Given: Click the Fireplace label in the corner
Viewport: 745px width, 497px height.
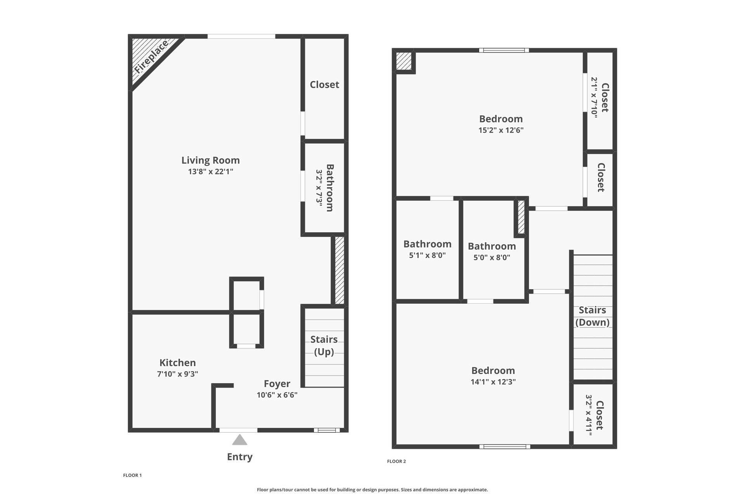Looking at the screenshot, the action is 152,57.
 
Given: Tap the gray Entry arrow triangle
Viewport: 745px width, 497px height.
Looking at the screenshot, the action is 240,440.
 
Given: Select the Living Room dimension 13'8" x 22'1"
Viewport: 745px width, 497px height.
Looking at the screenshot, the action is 211,172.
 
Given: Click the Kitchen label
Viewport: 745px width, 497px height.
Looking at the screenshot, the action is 178,363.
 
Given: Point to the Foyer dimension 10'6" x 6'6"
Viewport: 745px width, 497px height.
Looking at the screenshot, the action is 277,395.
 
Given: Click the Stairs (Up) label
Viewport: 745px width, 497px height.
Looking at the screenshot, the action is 324,346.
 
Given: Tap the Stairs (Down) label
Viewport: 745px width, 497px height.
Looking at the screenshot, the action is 593,316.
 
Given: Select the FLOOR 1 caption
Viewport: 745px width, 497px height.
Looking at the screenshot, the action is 132,475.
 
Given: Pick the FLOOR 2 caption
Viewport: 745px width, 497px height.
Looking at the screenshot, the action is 397,461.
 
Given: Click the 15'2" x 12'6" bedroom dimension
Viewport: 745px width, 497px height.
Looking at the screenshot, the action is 501,130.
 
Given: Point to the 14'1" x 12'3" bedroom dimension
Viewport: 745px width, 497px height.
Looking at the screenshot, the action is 493,382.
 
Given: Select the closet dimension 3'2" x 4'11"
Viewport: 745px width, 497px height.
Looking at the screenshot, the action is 589,415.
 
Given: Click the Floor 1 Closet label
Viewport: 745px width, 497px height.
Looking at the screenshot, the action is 324,85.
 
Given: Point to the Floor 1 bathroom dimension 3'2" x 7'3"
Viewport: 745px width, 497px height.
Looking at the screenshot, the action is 319,188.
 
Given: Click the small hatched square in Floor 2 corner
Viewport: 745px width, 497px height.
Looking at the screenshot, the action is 404,61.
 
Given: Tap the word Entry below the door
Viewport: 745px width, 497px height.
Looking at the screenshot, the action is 240,457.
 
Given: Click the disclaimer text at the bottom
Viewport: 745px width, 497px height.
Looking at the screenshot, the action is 372,490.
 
